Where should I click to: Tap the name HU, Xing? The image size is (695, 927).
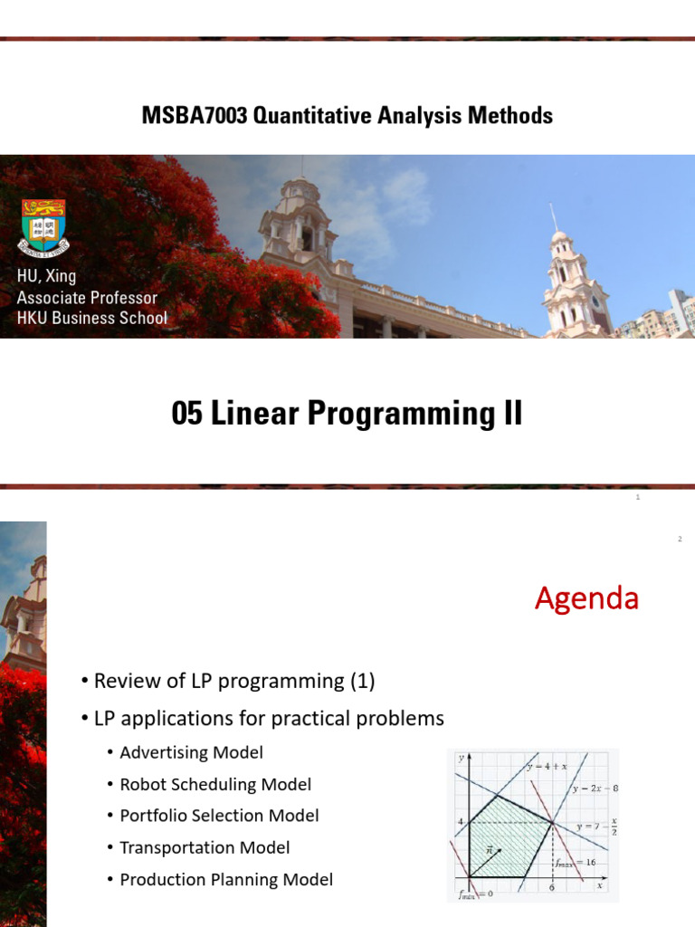(46, 277)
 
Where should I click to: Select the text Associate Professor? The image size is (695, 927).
(87, 298)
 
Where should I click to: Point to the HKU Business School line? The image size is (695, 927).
(91, 318)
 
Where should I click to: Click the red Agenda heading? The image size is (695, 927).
(586, 598)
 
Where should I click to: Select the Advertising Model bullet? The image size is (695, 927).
(191, 752)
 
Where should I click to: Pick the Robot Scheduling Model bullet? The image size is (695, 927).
(215, 784)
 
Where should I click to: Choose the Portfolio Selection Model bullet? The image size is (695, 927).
(219, 816)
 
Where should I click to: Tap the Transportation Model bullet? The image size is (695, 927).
(205, 847)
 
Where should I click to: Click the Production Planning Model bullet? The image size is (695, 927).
(226, 879)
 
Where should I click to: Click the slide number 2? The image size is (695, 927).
(679, 540)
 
